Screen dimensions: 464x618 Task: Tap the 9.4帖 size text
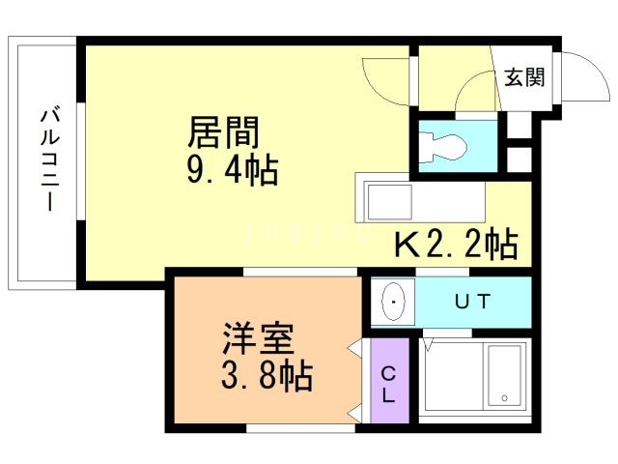click(232, 172)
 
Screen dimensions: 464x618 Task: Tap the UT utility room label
click(473, 301)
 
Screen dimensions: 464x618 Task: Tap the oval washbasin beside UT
click(394, 302)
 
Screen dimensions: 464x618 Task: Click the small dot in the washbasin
click(393, 302)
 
